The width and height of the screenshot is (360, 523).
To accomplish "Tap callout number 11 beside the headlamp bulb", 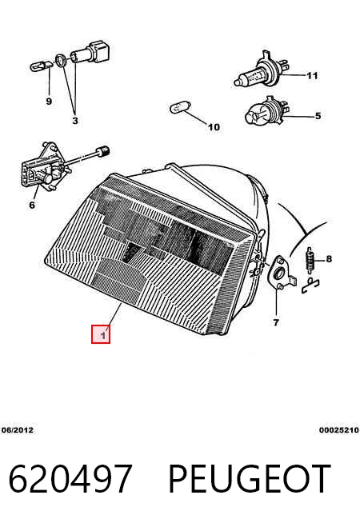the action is (x=312, y=76).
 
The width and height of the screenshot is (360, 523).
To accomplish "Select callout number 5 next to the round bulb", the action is (x=318, y=116).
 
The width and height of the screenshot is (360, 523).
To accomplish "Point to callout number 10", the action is (x=214, y=126).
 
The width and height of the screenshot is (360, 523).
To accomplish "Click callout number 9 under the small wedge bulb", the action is (x=49, y=101).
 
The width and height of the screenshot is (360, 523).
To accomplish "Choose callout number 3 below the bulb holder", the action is (x=75, y=121).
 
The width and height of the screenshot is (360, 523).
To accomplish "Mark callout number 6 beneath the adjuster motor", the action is (x=32, y=205).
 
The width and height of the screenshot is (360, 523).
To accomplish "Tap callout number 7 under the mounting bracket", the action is (x=276, y=322).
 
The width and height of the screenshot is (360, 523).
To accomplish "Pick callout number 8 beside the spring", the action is (x=329, y=258).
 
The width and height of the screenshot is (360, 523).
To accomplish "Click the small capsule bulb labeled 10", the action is (x=180, y=108).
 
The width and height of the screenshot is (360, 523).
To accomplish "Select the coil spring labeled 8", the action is (x=310, y=260).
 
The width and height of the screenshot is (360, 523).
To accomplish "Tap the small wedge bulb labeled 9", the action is (x=41, y=66).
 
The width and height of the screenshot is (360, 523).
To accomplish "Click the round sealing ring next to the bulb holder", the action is (x=60, y=60).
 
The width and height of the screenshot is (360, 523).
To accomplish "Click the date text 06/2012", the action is (x=18, y=430).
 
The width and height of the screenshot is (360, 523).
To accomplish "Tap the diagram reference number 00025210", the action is (x=338, y=430).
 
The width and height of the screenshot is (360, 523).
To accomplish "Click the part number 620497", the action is (x=70, y=478).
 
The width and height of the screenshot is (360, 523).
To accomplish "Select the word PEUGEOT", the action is (x=250, y=478).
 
